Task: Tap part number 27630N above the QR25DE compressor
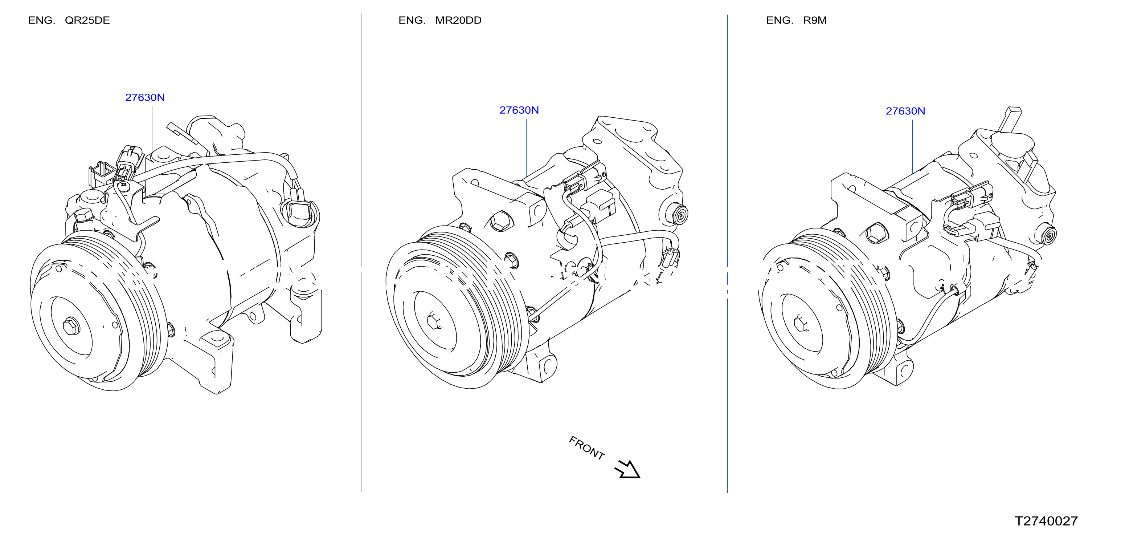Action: click(x=145, y=98)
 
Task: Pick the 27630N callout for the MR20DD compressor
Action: click(x=519, y=110)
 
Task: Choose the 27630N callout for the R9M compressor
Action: click(x=905, y=111)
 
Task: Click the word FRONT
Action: click(x=586, y=448)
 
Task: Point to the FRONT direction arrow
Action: click(x=627, y=470)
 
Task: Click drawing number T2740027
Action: click(x=1046, y=521)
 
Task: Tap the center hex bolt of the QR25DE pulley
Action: click(x=71, y=326)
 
